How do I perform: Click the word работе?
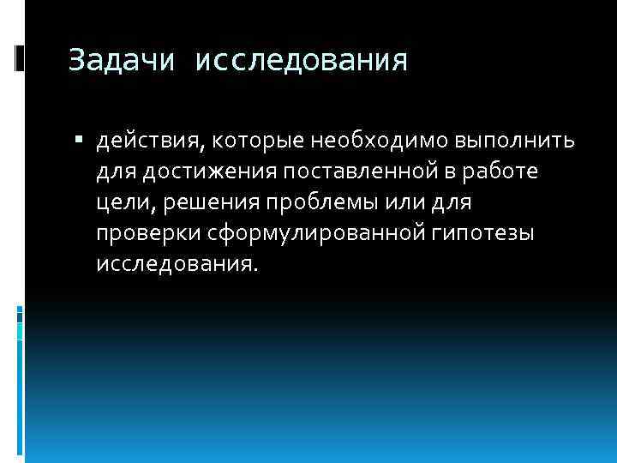click(x=507, y=171)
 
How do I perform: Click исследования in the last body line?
click(x=175, y=264)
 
